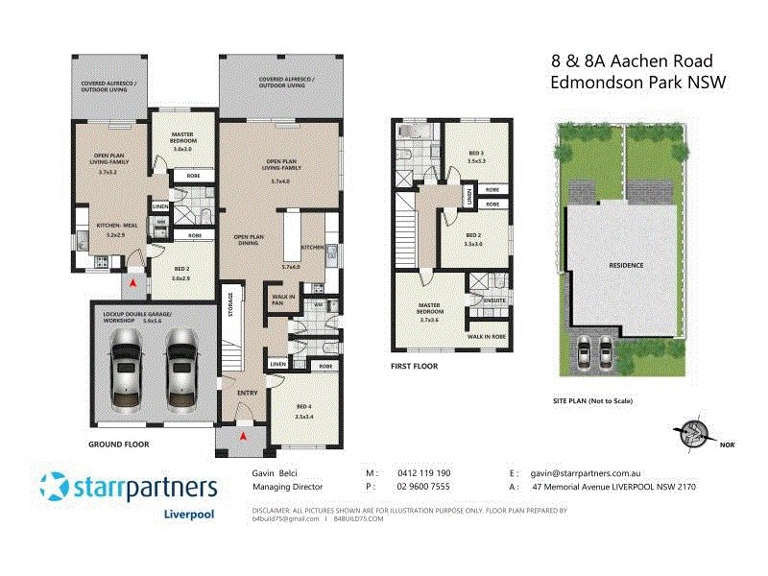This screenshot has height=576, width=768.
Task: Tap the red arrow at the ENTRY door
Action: pos(243,437)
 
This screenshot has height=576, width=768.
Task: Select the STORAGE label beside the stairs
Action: pos(230,305)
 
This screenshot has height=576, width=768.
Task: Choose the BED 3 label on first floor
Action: pos(476,154)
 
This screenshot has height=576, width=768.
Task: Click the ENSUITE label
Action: pos(494,300)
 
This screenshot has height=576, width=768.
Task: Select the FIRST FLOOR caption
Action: pos(415,367)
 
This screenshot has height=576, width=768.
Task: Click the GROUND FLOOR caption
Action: pos(116,445)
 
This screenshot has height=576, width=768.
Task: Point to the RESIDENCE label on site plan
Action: pos(625,265)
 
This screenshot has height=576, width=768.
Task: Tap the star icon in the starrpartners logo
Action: pos(54,486)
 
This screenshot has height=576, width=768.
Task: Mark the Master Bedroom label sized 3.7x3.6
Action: pos(430,313)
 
